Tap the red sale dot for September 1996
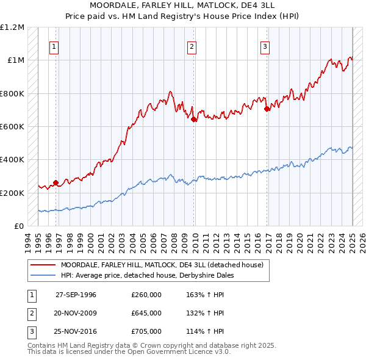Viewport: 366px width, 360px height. pos(56,182)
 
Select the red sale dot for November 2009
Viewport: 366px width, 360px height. pos(193,120)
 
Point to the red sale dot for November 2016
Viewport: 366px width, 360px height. pos(267,109)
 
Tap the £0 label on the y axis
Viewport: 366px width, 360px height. pos(19,226)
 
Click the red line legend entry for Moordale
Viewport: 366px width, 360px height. pos(162,265)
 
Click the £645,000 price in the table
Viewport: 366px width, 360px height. pos(146,313)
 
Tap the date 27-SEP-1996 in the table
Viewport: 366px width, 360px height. pos(76,294)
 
